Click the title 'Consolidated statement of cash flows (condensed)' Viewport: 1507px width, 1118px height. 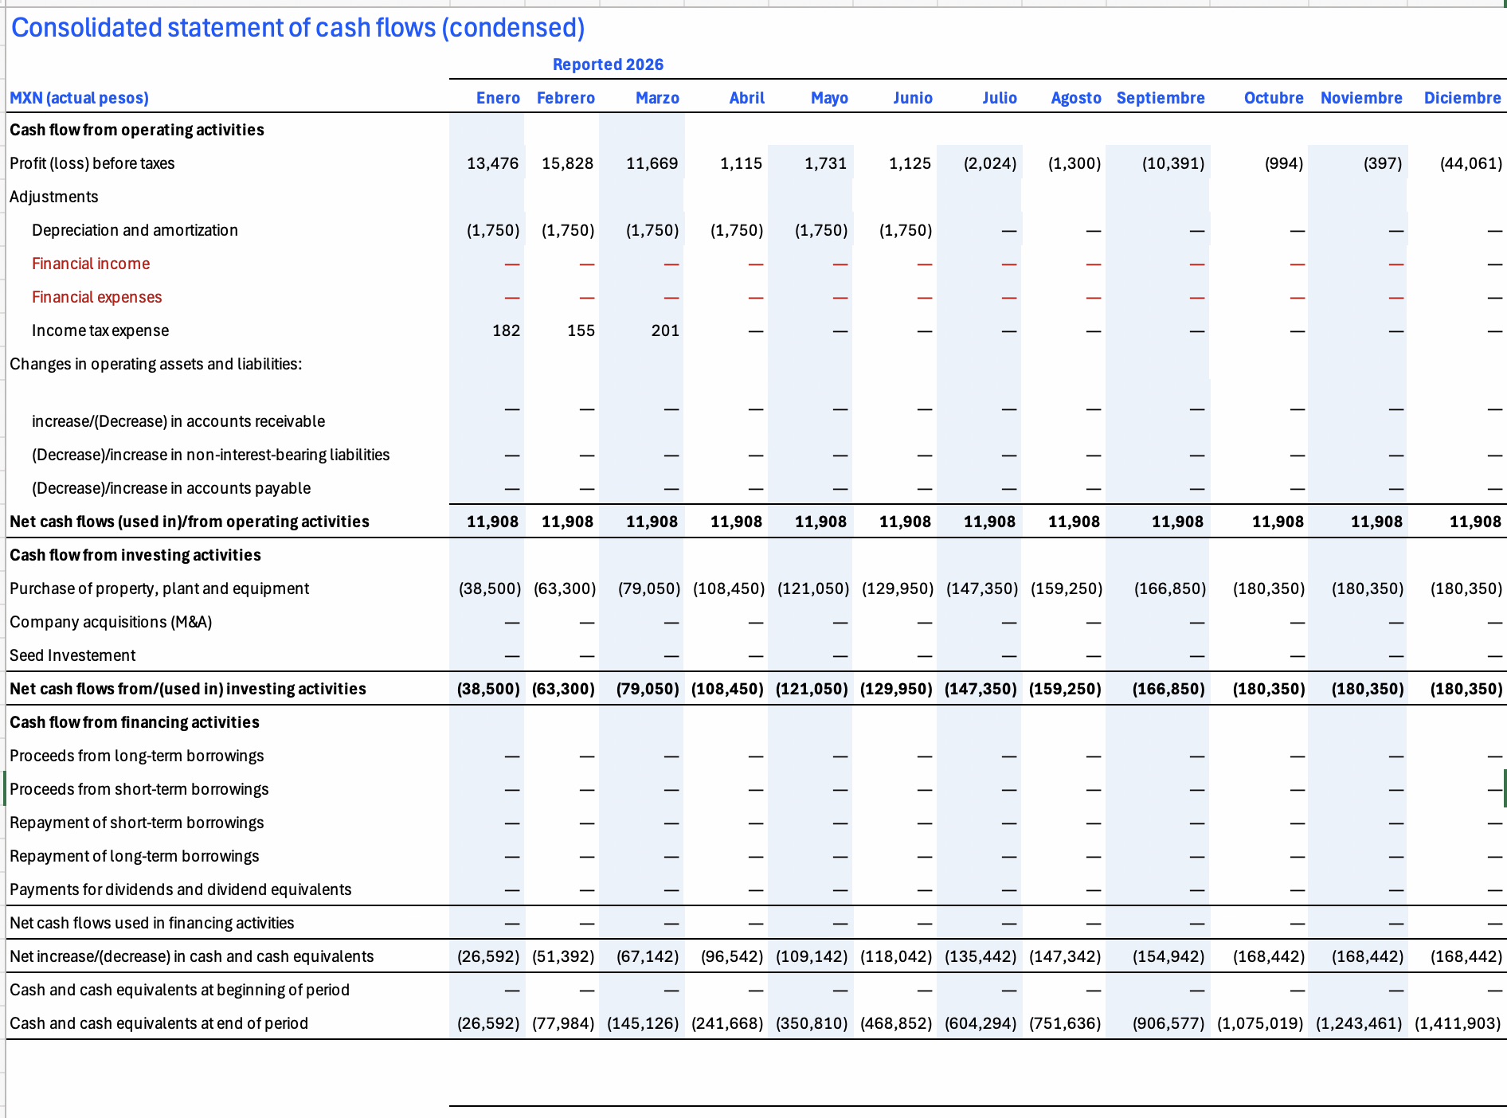click(x=298, y=28)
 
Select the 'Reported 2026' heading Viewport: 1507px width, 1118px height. click(x=608, y=64)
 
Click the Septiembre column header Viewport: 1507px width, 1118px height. click(x=1161, y=98)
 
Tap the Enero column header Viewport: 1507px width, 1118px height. click(x=498, y=98)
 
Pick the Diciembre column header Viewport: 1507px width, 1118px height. click(x=1462, y=98)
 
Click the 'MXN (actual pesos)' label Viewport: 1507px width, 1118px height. click(x=79, y=98)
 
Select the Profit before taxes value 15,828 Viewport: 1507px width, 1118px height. click(x=567, y=163)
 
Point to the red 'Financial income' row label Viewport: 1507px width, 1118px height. click(x=91, y=264)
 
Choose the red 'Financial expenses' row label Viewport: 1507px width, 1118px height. click(x=96, y=297)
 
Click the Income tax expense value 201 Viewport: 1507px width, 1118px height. click(x=665, y=330)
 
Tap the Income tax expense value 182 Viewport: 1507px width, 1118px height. click(x=506, y=330)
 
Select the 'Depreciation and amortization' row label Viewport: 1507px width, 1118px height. click(x=135, y=230)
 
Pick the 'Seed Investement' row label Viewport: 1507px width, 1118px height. click(x=72, y=655)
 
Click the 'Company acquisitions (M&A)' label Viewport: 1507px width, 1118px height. click(x=111, y=622)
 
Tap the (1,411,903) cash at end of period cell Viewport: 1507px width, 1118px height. click(x=1458, y=1023)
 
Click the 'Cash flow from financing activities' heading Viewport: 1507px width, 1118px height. click(x=135, y=722)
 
